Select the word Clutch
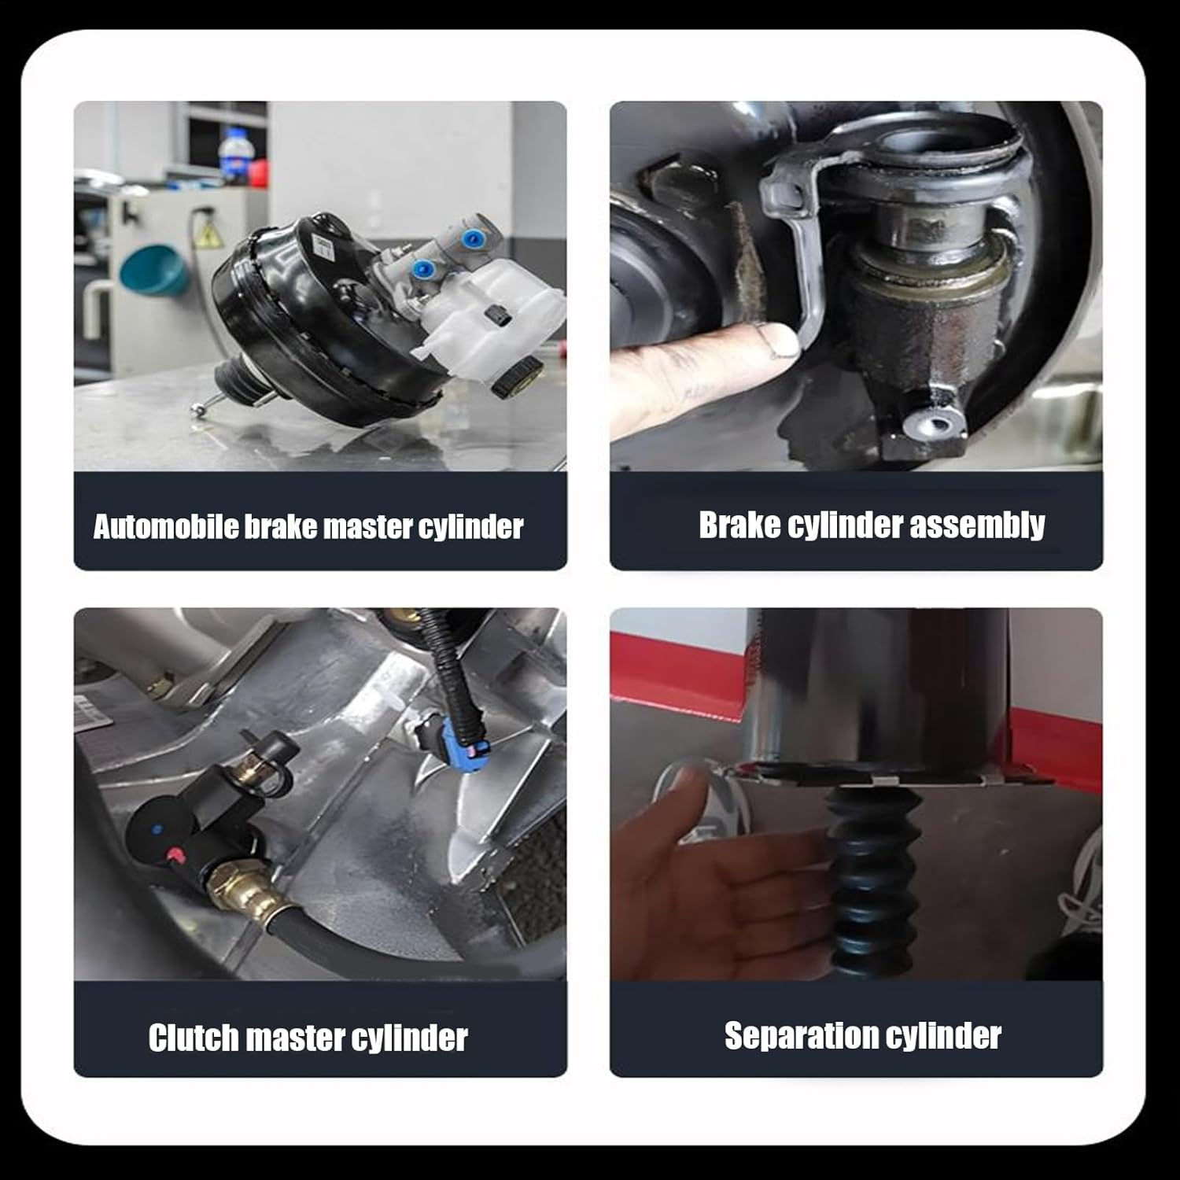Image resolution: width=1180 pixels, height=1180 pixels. [x=194, y=1038]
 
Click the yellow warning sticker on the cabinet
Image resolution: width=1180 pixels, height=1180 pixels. [x=207, y=234]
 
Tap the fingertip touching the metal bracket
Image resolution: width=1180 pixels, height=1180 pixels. [x=775, y=341]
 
